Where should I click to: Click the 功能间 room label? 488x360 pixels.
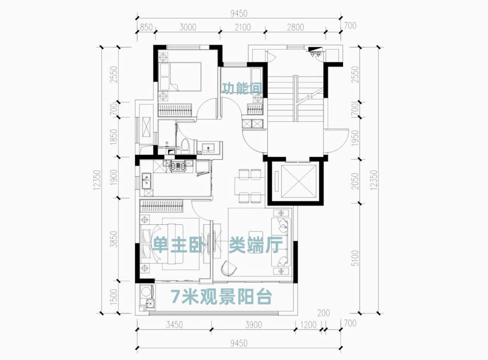point(242,88)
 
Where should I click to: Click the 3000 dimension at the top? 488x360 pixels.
point(188,27)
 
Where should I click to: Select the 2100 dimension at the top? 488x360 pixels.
point(243,27)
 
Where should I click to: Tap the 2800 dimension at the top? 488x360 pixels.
point(295,27)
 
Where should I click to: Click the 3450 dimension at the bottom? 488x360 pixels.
point(174,325)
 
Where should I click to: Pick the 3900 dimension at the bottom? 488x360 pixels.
point(253,325)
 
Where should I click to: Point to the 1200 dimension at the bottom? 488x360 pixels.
point(308,325)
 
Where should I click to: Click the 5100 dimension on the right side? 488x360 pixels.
point(355,258)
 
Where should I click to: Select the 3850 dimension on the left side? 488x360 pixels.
point(114,239)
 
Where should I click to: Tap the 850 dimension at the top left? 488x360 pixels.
point(146,27)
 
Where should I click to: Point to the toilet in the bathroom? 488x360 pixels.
point(185,146)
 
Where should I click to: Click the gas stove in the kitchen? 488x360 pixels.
point(178,166)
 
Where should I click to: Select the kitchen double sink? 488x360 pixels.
point(146,181)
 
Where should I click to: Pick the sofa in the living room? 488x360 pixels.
point(282,242)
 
